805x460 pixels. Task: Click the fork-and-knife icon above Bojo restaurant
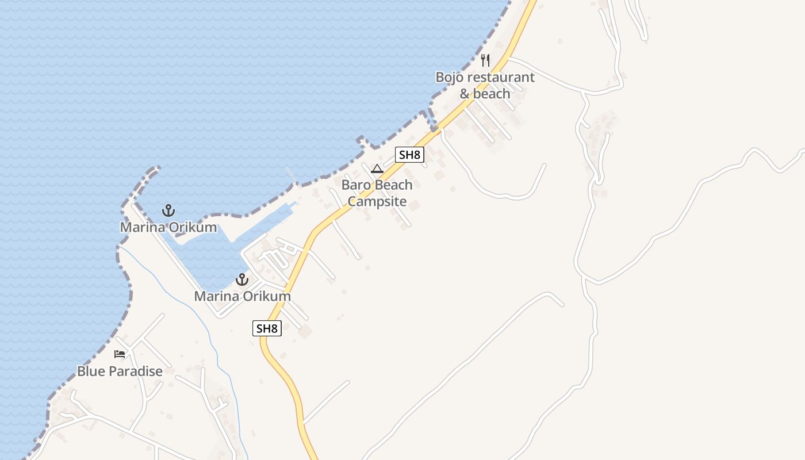[x=485, y=60]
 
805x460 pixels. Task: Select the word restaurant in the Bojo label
[x=500, y=78]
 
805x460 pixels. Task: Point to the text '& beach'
[x=485, y=94]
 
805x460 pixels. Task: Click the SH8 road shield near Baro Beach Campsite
[x=409, y=154]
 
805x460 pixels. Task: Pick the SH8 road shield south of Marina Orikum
[x=267, y=328]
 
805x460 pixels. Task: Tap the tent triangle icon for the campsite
[x=377, y=168]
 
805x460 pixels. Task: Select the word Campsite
[x=377, y=202]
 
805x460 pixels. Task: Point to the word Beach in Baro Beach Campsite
[x=394, y=185]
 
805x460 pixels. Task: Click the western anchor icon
[x=168, y=210]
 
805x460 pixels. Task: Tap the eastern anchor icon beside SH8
[x=242, y=280]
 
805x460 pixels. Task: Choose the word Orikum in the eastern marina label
[x=266, y=297]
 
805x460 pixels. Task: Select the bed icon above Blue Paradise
[x=120, y=354]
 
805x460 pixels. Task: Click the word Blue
[x=91, y=371]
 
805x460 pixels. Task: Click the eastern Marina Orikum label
[x=242, y=297]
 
